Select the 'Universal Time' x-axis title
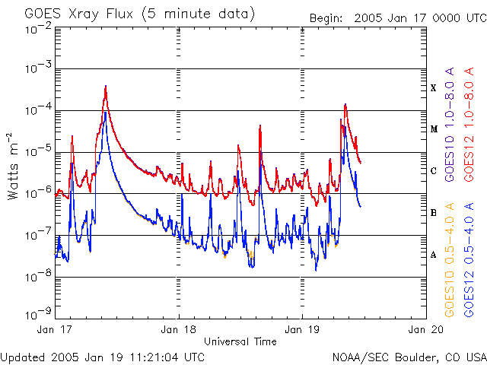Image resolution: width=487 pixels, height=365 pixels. coord(240,341)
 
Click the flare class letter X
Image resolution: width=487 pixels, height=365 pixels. coord(434,88)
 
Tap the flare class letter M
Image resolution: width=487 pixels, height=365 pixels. coord(434,129)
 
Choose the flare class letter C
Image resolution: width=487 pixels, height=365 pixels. coord(434,171)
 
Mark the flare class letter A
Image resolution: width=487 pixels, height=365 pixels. coord(434,255)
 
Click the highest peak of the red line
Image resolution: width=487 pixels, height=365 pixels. coord(106,86)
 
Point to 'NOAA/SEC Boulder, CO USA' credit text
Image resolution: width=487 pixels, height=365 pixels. coord(409,357)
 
